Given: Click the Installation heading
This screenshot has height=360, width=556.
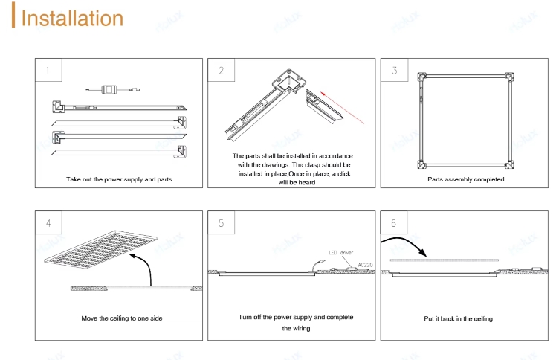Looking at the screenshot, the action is click(72, 18).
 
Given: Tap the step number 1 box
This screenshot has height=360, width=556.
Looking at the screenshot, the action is click(48, 70).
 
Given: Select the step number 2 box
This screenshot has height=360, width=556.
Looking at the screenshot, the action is click(222, 70).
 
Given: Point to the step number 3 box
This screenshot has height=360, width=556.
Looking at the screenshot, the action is click(394, 70).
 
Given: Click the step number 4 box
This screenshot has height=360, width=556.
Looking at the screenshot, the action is click(48, 222).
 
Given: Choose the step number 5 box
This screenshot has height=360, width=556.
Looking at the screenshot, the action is click(222, 222).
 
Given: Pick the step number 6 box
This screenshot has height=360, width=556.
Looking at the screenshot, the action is click(394, 222).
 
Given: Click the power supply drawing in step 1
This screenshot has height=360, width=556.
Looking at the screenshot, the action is click(113, 89).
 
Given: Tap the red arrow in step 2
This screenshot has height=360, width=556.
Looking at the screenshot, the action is click(342, 107).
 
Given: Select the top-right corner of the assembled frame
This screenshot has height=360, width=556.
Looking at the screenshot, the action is click(509, 77).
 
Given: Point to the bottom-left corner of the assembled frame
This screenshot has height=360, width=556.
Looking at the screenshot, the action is click(421, 164).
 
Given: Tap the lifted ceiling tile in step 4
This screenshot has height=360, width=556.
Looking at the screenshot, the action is click(100, 249).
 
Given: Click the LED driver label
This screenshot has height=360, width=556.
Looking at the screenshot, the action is click(340, 253).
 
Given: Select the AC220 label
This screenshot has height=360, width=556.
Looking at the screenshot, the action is click(365, 265).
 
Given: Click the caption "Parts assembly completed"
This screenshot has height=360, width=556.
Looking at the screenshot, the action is click(465, 179).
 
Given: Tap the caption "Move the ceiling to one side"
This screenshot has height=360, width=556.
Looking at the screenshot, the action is click(122, 318).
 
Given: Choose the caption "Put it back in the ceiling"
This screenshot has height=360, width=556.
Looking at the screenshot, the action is click(458, 318).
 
